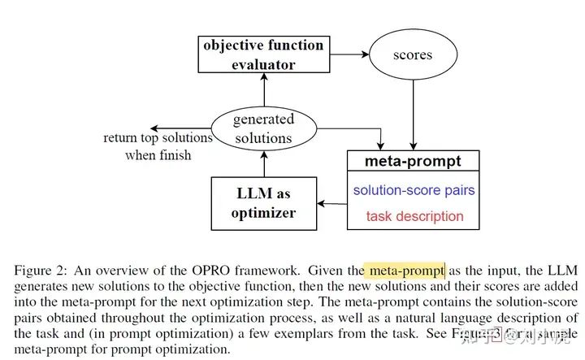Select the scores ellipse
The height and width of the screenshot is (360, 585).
coord(412,56)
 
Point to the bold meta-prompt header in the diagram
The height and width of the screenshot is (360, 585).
coord(413,161)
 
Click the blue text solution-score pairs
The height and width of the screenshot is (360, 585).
coord(414,190)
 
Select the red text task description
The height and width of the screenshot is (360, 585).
coord(414,216)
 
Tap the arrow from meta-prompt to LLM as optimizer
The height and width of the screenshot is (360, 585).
coord(331,203)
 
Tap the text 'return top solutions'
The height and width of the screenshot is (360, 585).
coord(158,137)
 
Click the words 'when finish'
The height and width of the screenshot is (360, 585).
coord(158,154)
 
